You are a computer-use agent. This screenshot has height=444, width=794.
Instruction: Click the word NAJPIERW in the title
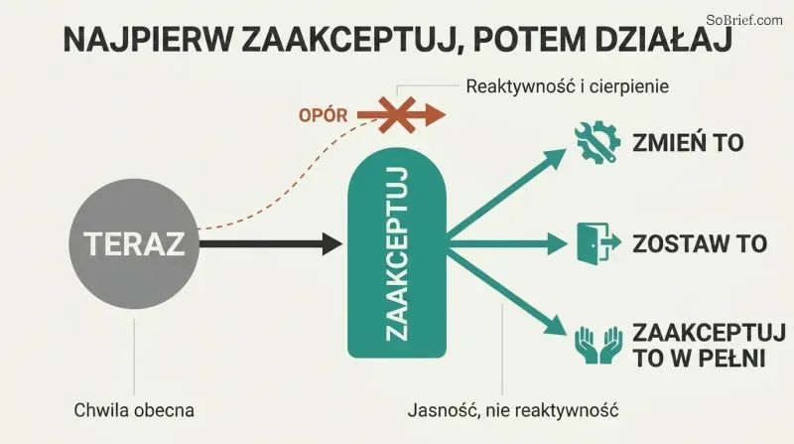(x=146, y=40)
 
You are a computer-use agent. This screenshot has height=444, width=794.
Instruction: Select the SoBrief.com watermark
(x=744, y=20)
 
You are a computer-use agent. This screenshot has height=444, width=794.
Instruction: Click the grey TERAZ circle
(x=134, y=243)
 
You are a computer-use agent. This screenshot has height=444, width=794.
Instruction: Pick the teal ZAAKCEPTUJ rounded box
(x=396, y=253)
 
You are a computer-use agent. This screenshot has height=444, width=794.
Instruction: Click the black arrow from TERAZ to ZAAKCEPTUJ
(x=271, y=243)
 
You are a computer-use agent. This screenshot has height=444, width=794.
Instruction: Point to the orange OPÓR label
(x=324, y=115)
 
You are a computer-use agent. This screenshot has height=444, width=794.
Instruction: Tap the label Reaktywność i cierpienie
(x=567, y=86)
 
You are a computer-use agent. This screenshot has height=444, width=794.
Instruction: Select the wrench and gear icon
(x=597, y=142)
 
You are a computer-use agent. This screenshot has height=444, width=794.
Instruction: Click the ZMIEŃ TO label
(x=688, y=142)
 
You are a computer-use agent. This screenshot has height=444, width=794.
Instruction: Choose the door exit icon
(x=599, y=242)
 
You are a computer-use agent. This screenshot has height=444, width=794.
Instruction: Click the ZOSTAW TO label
(x=700, y=243)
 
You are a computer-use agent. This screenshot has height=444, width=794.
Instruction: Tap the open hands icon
(x=598, y=345)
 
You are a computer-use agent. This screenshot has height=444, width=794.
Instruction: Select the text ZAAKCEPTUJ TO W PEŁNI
(x=709, y=346)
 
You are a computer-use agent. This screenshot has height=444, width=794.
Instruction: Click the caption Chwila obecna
(x=134, y=410)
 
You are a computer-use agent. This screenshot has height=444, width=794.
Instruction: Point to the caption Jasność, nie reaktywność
(x=513, y=410)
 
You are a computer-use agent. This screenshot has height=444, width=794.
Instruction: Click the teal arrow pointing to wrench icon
(x=506, y=194)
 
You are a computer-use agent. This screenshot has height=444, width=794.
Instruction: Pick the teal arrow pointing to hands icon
(x=506, y=294)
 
